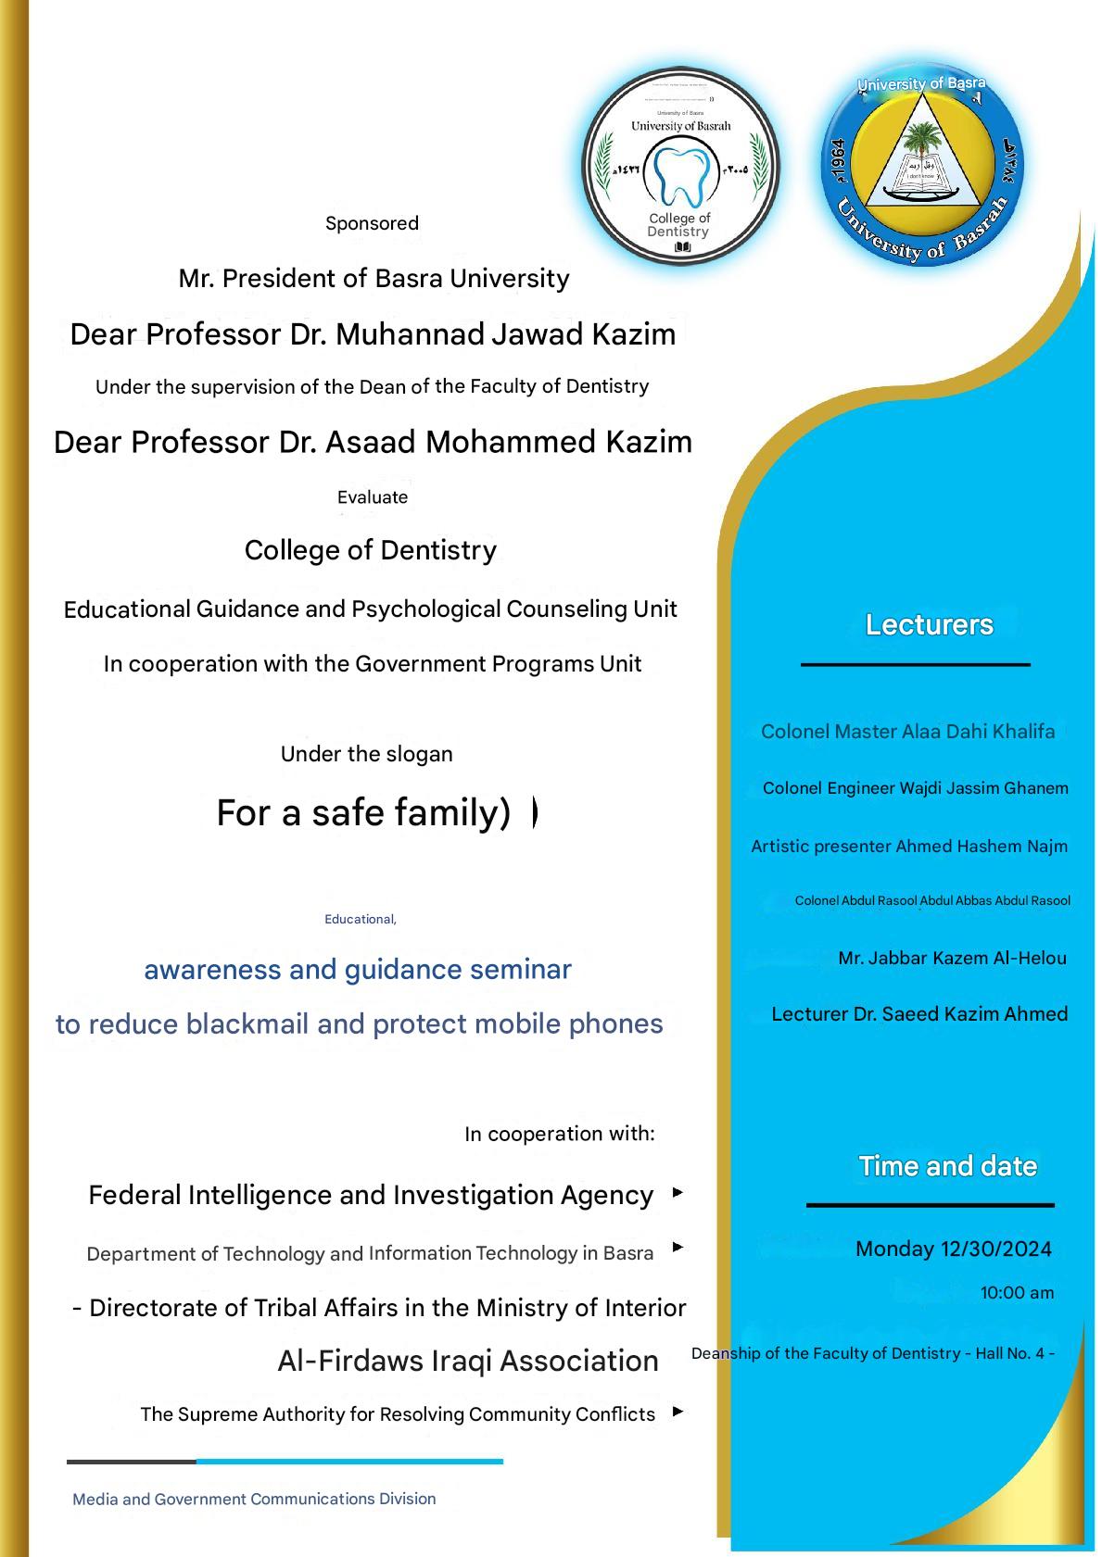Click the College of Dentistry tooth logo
[x=681, y=168]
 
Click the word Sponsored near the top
[x=372, y=223]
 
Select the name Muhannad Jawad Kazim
[x=505, y=333]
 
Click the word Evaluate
[x=373, y=497]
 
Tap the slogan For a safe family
[x=363, y=812]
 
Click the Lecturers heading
[x=929, y=625]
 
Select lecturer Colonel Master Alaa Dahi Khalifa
[x=907, y=732]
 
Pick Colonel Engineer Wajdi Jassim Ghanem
[x=915, y=788]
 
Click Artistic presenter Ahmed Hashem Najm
[x=909, y=846]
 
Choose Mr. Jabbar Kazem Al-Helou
[x=952, y=958]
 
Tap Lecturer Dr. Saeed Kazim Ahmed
[x=919, y=1014]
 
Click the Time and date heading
[x=947, y=1166]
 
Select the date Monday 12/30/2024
[x=953, y=1249]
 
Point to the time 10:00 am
[x=1017, y=1293]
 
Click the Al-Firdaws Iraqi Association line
[x=468, y=1361]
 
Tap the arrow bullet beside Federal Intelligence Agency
[x=678, y=1193]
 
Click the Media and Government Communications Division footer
[x=254, y=1499]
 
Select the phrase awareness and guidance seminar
[x=358, y=970]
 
